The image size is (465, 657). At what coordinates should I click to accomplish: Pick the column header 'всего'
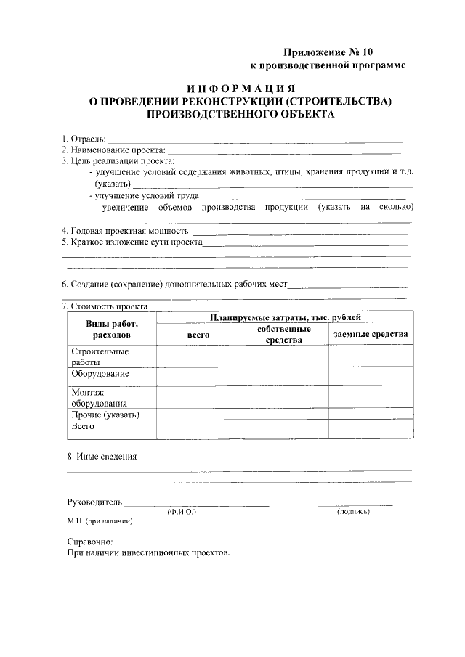(x=198, y=334)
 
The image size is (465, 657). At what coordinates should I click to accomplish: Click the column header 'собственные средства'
(x=284, y=335)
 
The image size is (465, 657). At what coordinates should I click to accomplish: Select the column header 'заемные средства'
(x=371, y=334)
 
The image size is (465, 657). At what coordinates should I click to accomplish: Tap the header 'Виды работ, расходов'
(x=112, y=330)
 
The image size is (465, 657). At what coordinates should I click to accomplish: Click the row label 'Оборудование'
(x=100, y=374)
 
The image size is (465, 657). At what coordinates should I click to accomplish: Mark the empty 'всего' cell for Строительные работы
(x=198, y=356)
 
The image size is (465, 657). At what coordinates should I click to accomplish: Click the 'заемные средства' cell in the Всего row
(x=371, y=429)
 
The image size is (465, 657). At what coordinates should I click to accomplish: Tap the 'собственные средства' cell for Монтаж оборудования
(x=284, y=397)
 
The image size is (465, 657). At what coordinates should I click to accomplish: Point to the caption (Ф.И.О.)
(x=181, y=512)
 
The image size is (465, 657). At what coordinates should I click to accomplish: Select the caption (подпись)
(x=354, y=512)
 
